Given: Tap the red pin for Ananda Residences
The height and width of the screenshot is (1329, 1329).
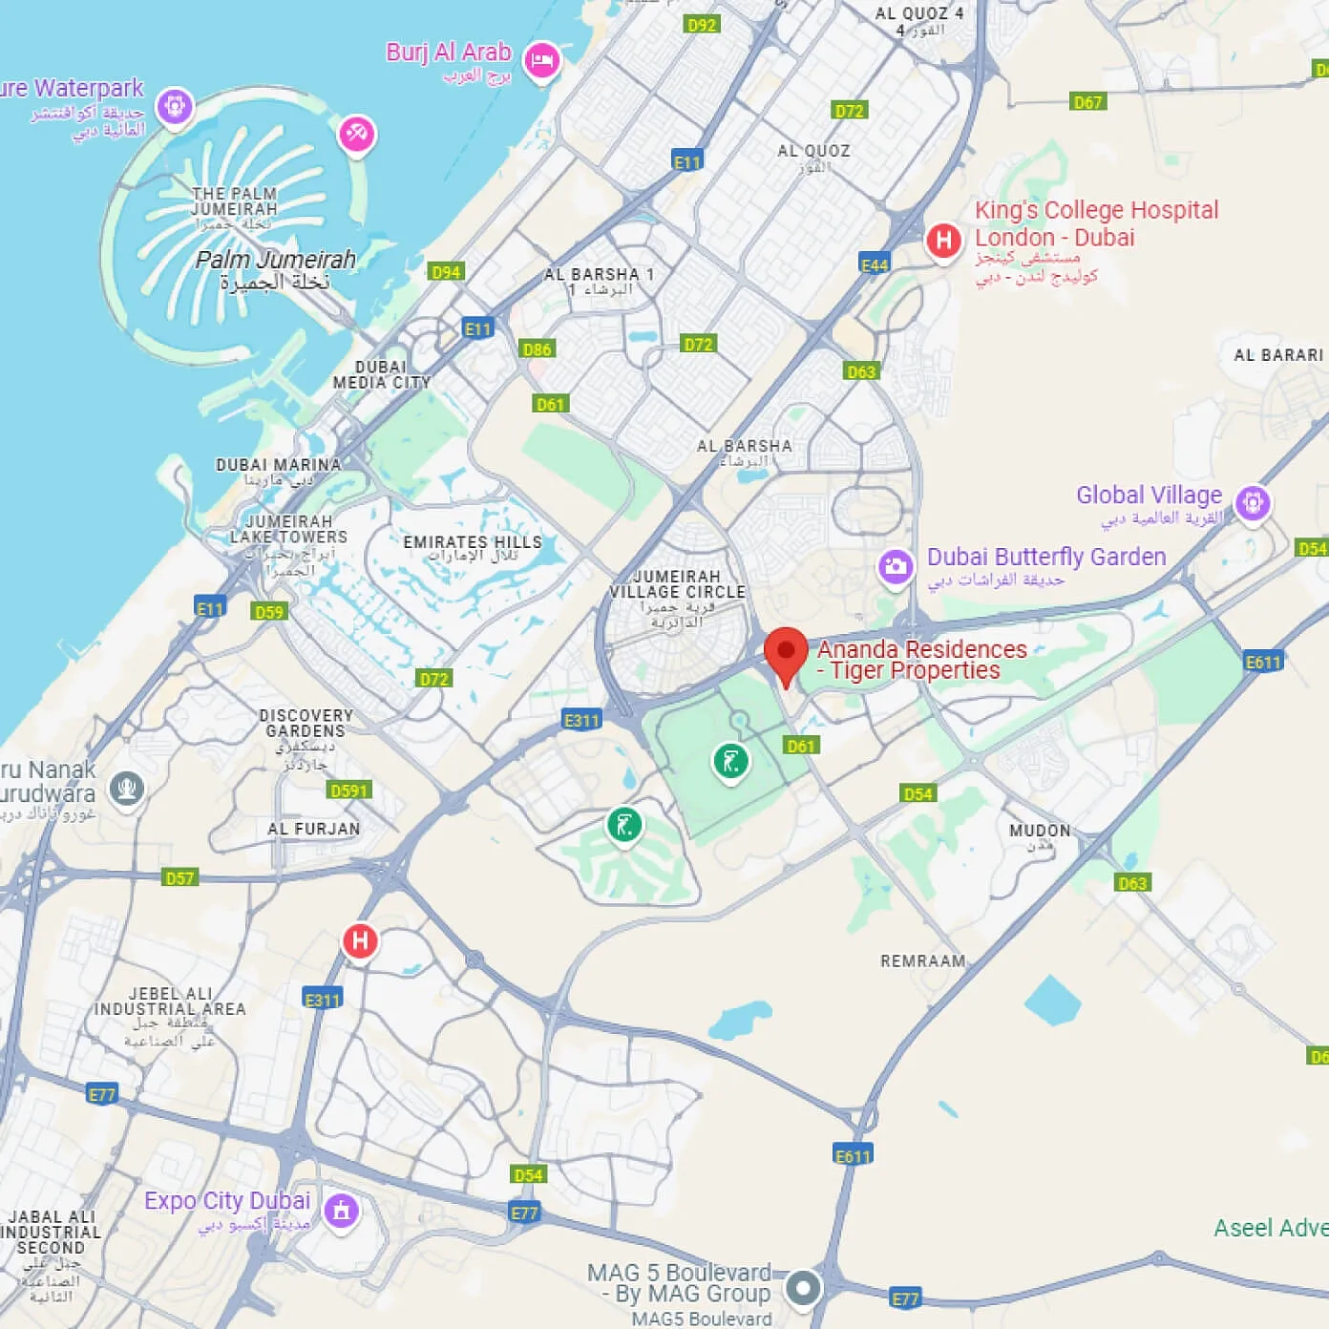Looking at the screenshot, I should pyautogui.click(x=786, y=652).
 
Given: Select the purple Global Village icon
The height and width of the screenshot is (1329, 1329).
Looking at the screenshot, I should pyautogui.click(x=1253, y=502).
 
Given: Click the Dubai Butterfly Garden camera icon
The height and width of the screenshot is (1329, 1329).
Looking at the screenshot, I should pyautogui.click(x=896, y=567).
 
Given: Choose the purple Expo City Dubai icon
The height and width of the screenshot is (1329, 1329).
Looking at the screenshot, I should pyautogui.click(x=341, y=1211).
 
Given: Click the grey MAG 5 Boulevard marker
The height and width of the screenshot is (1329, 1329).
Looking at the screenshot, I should pyautogui.click(x=803, y=1287).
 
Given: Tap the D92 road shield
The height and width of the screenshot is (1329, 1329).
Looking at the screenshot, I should pyautogui.click(x=702, y=25).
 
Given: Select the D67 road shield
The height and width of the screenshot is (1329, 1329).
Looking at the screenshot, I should pyautogui.click(x=1087, y=102).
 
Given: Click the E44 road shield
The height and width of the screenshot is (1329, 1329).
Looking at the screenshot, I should pyautogui.click(x=875, y=265).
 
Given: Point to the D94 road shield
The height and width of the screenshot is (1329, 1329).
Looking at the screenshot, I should pyautogui.click(x=446, y=272).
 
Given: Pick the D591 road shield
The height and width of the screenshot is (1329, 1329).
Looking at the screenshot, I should pyautogui.click(x=348, y=791).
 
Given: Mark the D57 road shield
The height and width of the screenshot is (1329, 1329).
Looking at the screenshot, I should pyautogui.click(x=179, y=878).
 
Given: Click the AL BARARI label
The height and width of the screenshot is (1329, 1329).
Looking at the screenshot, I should pyautogui.click(x=1278, y=355).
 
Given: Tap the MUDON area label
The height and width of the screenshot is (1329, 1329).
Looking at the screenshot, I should pyautogui.click(x=1040, y=831).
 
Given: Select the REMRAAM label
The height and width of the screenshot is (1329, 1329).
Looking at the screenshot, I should pyautogui.click(x=922, y=960).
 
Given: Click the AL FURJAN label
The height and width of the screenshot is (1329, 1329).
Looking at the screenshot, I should pyautogui.click(x=313, y=829).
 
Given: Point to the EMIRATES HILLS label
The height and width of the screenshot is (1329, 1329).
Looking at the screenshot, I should pyautogui.click(x=473, y=542).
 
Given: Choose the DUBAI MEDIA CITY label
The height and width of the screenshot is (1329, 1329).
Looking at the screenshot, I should pyautogui.click(x=381, y=374).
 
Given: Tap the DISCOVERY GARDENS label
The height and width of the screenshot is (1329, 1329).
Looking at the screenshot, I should pyautogui.click(x=306, y=723).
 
